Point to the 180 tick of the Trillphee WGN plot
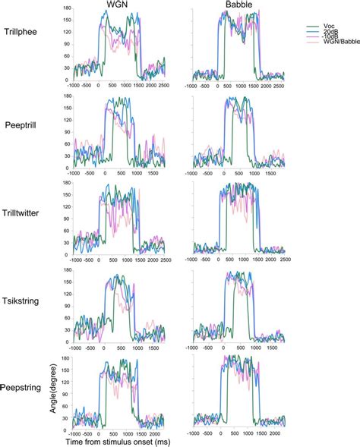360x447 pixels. tap(68, 8)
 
